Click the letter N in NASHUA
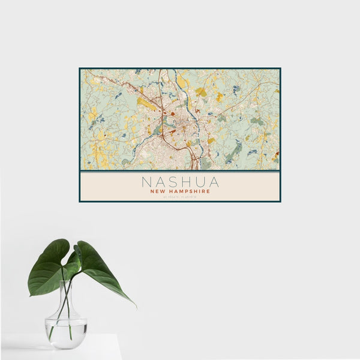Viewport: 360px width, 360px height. (145, 181)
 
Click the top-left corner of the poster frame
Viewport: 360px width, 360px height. (80, 68)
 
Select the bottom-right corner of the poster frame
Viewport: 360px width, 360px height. (280, 201)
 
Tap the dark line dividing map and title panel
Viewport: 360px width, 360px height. (180, 171)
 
